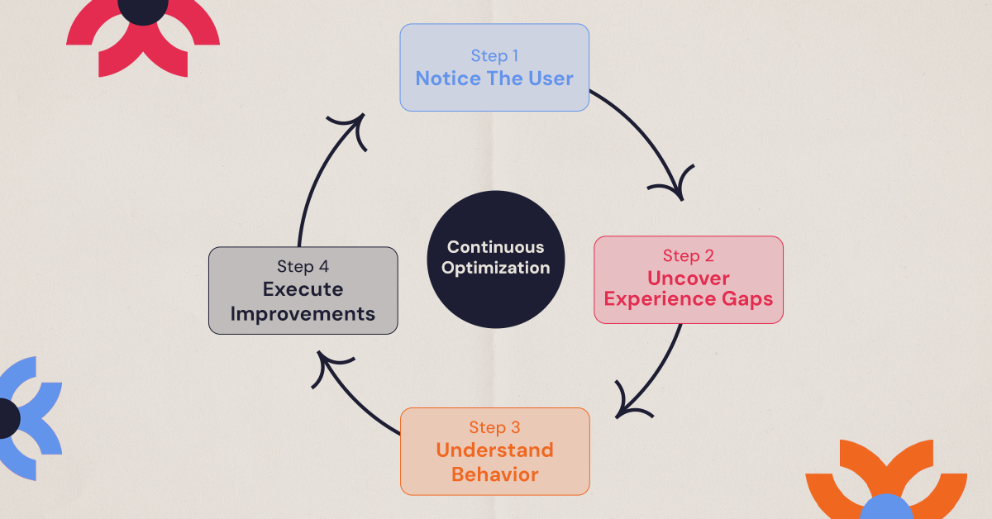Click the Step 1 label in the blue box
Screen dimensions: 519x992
pyautogui.click(x=494, y=56)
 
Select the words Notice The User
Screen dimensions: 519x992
pyautogui.click(x=494, y=79)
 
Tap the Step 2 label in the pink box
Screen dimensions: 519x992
pyautogui.click(x=689, y=255)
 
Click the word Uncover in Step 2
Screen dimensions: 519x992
pyautogui.click(x=689, y=277)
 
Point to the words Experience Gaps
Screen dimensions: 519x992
pyautogui.click(x=689, y=298)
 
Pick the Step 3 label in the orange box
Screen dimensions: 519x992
pyautogui.click(x=494, y=427)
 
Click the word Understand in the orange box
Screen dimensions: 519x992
pyautogui.click(x=494, y=450)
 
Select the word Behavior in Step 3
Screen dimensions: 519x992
pyautogui.click(x=494, y=474)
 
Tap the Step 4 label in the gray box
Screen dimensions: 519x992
pyautogui.click(x=303, y=267)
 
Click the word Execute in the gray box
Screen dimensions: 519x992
pyautogui.click(x=303, y=289)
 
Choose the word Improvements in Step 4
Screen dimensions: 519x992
pyautogui.click(x=303, y=314)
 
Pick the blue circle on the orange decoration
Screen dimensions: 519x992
pyautogui.click(x=885, y=506)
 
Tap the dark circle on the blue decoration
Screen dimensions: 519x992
pyautogui.click(x=7, y=417)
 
